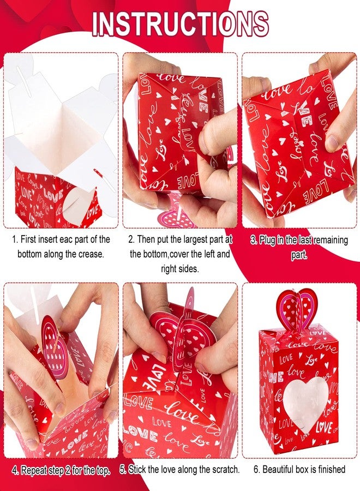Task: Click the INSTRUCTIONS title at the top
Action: [180, 25]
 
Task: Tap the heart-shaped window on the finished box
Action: [306, 403]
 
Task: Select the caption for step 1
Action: [61, 247]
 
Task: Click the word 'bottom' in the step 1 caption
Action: [30, 254]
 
